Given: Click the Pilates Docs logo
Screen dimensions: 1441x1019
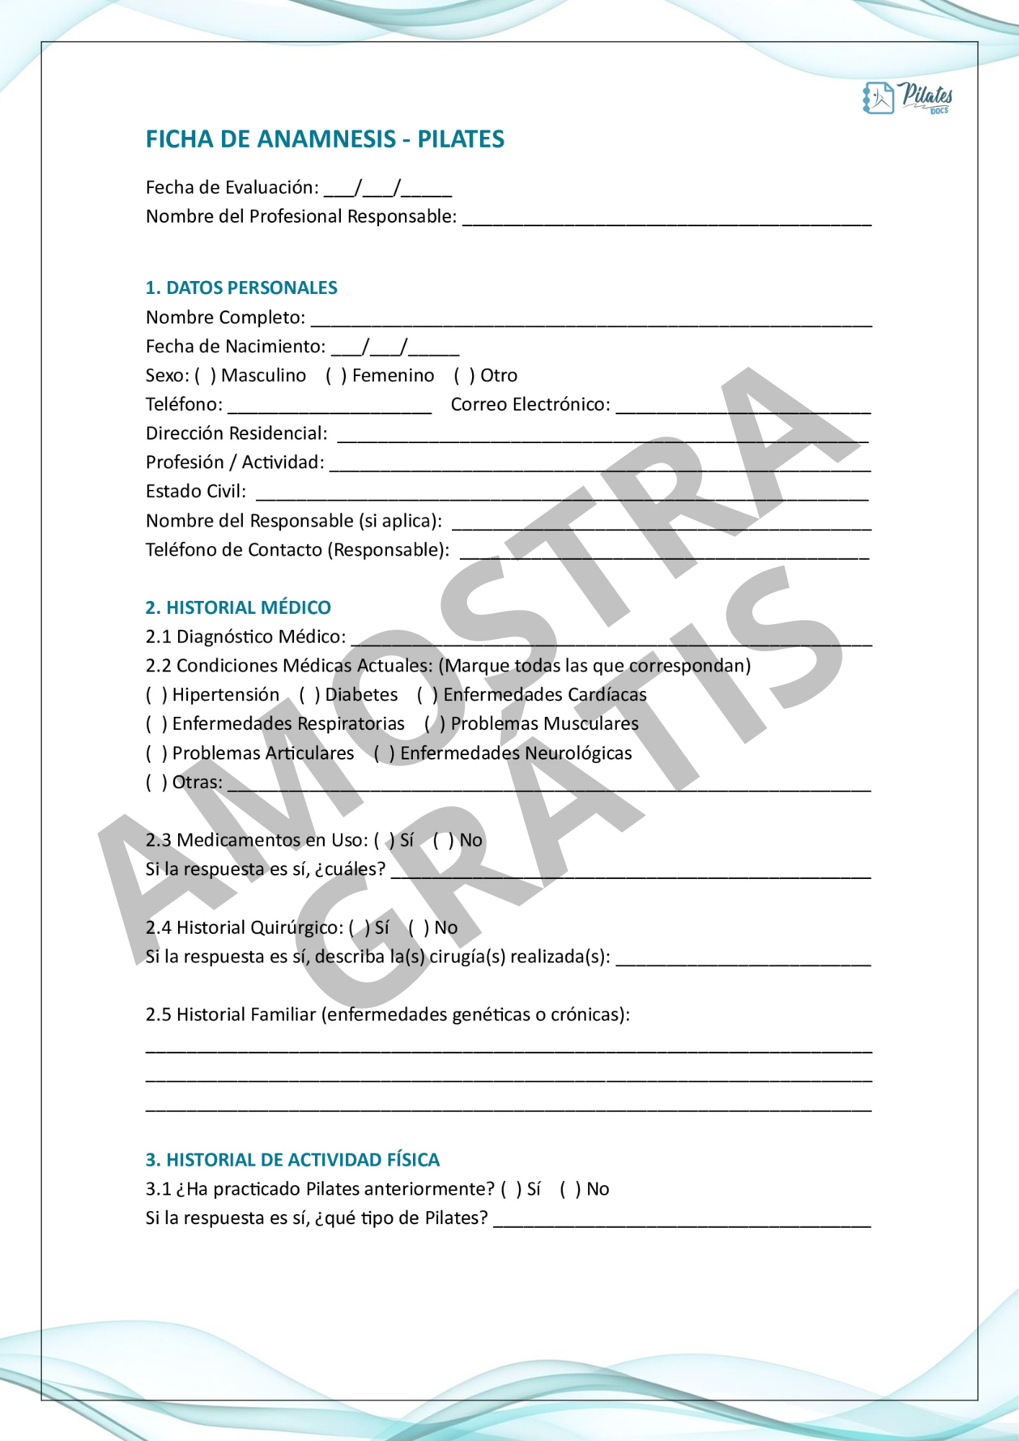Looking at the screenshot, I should (x=907, y=97).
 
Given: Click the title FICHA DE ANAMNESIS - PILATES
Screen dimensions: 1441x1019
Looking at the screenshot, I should (x=324, y=139).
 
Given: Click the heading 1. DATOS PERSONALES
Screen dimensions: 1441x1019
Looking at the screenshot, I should (x=241, y=288).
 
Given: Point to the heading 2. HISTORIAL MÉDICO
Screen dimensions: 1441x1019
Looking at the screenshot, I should (x=238, y=607).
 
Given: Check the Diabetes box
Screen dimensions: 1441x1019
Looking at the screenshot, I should (x=309, y=695).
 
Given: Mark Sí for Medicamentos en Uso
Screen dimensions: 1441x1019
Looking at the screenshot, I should (x=384, y=840).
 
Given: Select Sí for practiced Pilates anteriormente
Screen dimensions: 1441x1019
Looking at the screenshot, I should (x=510, y=1189).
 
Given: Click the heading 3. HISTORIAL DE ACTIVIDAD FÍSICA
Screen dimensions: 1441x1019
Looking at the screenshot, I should (x=293, y=1159).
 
